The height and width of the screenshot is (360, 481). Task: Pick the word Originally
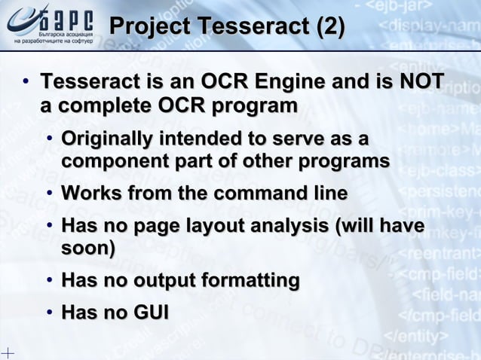pos(106,139)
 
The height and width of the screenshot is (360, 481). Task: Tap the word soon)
pos(88,248)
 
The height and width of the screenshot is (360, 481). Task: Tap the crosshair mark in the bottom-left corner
pos(7,352)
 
